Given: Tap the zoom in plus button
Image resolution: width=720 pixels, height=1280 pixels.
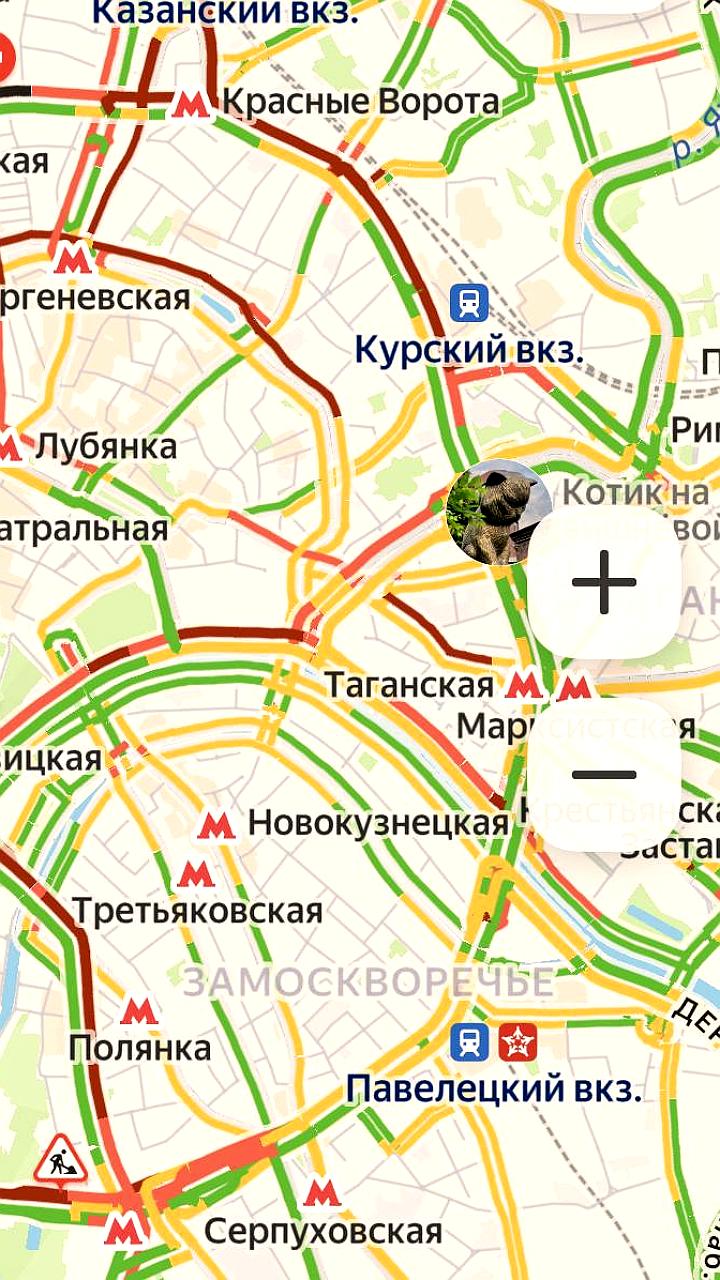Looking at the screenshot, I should tap(604, 581).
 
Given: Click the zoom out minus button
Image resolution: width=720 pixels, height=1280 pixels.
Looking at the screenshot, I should tap(604, 774).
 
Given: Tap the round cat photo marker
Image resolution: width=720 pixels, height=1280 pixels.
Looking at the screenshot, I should tap(498, 513).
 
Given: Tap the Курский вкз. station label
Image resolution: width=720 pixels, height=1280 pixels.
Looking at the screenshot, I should tap(469, 351).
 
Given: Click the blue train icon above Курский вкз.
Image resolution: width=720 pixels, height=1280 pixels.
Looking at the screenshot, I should tap(469, 302).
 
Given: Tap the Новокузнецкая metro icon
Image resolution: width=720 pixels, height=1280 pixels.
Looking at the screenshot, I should tap(216, 825).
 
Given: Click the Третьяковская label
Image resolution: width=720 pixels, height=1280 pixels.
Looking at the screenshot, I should tap(197, 911).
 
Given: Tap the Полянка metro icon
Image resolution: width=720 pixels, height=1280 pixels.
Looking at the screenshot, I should tap(138, 1010).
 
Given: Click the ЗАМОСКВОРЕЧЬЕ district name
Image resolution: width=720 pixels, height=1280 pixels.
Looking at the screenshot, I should tap(368, 982).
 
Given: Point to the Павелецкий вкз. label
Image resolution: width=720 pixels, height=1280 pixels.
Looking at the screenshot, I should tap(494, 1089).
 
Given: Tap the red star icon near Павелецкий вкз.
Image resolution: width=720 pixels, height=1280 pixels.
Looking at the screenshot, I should tap(518, 1043).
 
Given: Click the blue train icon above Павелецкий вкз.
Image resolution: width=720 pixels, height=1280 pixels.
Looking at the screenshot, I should tap(469, 1043).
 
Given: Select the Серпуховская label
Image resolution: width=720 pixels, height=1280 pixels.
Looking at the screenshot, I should tap(323, 1231).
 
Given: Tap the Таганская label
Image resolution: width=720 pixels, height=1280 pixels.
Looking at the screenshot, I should tap(410, 686).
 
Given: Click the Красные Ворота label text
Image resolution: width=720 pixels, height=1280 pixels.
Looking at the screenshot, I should tap(360, 102).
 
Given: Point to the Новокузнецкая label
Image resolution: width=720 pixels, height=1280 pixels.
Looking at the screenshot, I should tap(378, 824).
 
